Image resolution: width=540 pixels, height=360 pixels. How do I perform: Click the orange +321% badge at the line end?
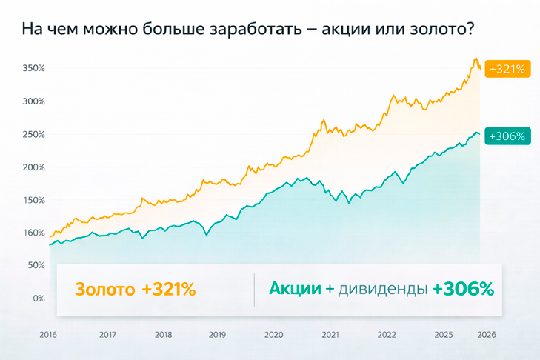(510, 68)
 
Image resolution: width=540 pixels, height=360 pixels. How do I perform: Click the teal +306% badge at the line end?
(507, 136)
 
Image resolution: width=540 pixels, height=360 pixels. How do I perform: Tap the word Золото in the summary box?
(104, 289)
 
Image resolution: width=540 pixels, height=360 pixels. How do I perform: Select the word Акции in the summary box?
(294, 288)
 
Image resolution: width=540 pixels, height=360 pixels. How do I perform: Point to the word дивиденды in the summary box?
(382, 289)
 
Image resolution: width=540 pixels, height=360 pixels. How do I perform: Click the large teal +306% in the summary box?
(463, 288)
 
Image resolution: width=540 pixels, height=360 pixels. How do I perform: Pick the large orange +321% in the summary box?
(169, 289)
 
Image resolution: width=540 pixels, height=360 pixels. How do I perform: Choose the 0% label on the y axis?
(39, 299)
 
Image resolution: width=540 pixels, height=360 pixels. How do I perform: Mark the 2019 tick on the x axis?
(218, 334)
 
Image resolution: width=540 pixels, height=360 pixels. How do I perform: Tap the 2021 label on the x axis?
(330, 334)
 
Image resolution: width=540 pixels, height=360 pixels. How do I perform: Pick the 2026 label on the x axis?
(487, 334)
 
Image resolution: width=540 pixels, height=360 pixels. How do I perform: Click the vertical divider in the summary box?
(254, 289)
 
